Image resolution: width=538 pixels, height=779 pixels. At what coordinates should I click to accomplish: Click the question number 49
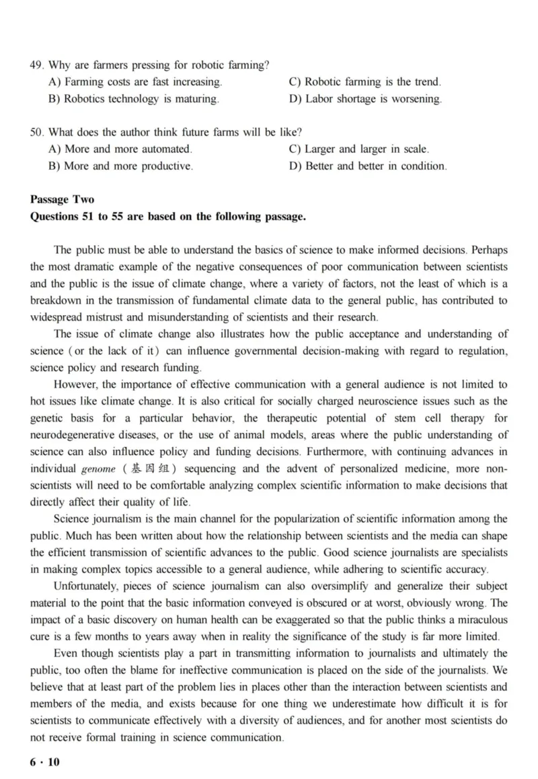pyautogui.click(x=36, y=65)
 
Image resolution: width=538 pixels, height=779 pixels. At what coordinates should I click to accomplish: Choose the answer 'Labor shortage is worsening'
pyautogui.click(x=366, y=99)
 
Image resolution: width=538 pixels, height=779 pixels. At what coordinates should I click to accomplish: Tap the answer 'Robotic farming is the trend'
pyautogui.click(x=365, y=82)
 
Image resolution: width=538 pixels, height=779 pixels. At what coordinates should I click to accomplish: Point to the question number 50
pyautogui.click(x=36, y=133)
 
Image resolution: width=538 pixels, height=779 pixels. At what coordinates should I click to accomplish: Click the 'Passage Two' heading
pyautogui.click(x=62, y=200)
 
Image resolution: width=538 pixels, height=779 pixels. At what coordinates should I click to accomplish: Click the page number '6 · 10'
pyautogui.click(x=45, y=761)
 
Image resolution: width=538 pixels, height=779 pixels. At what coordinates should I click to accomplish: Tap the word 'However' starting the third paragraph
pyautogui.click(x=76, y=384)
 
